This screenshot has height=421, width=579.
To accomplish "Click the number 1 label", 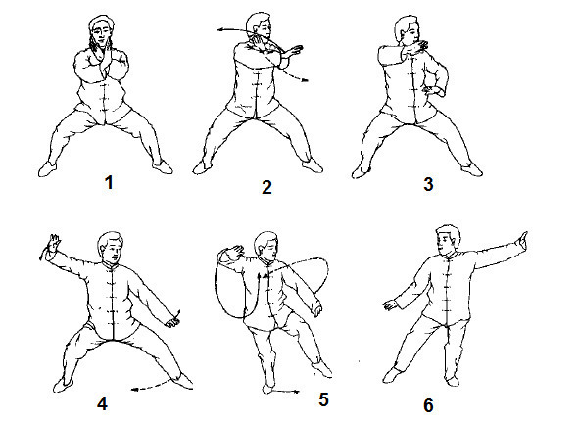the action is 109,183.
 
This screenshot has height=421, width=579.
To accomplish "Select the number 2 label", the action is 266,187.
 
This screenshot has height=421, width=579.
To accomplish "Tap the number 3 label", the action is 428,184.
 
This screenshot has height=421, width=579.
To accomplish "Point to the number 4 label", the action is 102,403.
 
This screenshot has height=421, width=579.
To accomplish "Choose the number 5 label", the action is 323,399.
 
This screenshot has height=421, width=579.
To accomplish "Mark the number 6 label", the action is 428,405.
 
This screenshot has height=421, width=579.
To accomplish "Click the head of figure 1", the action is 102,30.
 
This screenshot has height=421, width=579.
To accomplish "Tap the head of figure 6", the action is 449,240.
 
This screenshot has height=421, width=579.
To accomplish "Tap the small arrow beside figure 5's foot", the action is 287,391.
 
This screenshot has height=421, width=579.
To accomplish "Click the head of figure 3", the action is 407,28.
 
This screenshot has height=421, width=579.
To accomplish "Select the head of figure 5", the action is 266,247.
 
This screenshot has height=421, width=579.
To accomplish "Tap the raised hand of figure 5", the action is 235,253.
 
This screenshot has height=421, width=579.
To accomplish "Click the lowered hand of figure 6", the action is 390,305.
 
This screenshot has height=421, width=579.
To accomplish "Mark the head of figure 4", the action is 111,247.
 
